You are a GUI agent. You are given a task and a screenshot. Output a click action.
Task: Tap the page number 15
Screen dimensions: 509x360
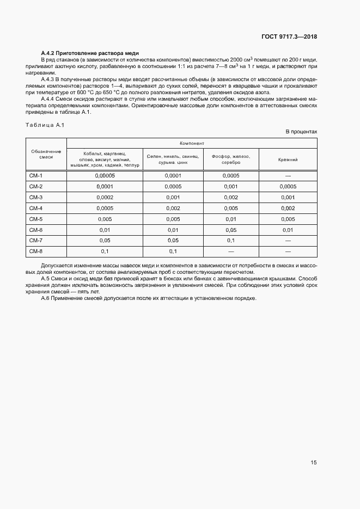(x=313, y=463)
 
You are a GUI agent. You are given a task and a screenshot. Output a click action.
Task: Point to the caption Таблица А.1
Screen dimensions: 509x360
(x=45, y=125)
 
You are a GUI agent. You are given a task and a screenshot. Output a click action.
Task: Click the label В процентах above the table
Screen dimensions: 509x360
(x=302, y=132)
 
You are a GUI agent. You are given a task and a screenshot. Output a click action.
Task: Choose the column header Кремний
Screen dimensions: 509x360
(x=288, y=159)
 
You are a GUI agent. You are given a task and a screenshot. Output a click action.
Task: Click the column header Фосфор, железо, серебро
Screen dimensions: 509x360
(x=230, y=159)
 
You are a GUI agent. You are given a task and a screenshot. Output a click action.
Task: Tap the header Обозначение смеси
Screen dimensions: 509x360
(x=46, y=154)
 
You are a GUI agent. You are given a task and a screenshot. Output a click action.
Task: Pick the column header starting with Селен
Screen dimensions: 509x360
(x=173, y=159)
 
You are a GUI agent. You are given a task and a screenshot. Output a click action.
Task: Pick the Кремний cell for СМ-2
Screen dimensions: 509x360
(x=288, y=186)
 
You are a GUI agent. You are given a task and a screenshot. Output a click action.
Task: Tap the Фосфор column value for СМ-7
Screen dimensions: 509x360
(x=230, y=240)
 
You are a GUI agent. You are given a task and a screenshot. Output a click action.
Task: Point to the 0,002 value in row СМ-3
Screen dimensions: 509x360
(x=230, y=197)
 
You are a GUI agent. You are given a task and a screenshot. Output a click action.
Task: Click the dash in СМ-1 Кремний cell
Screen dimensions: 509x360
(x=288, y=175)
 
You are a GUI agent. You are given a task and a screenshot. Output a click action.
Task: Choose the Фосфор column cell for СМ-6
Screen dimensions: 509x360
(x=230, y=230)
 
